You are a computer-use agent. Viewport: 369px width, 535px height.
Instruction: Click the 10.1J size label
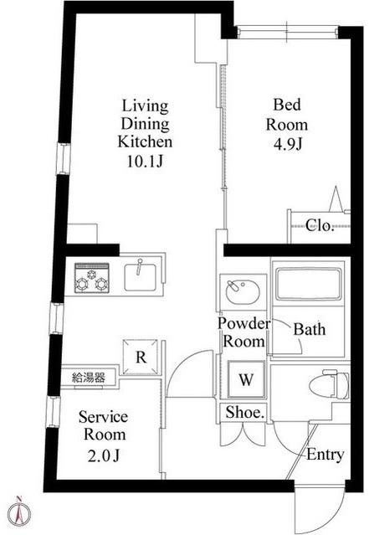(146, 161)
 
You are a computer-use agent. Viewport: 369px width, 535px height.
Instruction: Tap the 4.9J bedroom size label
(288, 144)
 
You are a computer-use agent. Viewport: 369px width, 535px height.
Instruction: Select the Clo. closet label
(319, 225)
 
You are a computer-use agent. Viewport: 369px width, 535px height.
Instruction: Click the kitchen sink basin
(141, 277)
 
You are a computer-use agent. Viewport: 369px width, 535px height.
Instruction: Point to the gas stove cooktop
(92, 278)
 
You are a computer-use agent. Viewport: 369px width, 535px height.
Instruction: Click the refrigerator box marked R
(141, 358)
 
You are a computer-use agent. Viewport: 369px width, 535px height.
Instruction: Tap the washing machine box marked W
(246, 379)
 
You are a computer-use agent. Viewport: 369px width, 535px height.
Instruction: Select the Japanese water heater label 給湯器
(89, 378)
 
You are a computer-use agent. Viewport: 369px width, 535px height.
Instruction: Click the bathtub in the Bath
(309, 285)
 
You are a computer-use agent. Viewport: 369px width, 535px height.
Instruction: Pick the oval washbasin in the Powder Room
(243, 292)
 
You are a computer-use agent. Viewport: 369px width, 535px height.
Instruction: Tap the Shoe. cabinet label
(245, 413)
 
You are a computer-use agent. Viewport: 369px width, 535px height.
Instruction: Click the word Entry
(325, 455)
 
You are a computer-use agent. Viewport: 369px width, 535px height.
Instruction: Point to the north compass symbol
(20, 514)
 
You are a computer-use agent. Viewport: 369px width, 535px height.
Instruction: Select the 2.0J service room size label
(104, 455)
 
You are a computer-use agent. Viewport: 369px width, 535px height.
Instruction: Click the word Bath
(310, 329)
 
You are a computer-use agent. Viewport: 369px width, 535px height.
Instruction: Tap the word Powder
(244, 323)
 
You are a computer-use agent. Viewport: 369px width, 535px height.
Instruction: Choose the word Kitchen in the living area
(145, 142)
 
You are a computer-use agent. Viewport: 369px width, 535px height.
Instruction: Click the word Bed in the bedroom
(287, 105)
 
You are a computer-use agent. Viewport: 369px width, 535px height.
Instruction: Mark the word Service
(103, 417)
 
